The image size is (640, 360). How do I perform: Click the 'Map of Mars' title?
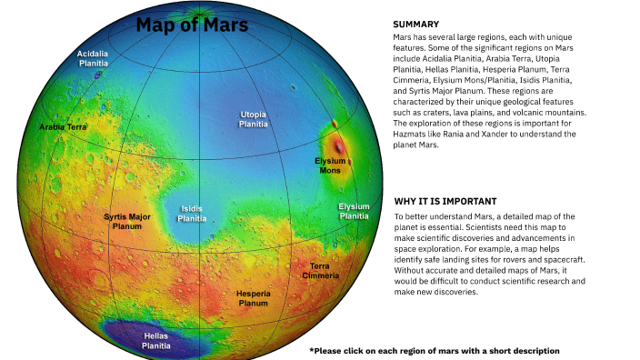(x=192, y=25)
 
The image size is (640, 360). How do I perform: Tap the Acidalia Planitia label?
(x=94, y=59)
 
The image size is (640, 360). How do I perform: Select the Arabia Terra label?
(x=63, y=127)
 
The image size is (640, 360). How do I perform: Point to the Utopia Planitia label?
(x=253, y=119)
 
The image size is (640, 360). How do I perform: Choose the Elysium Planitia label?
(x=354, y=212)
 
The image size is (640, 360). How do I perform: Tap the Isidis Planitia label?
(x=191, y=214)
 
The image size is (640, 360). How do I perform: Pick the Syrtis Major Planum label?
(x=127, y=222)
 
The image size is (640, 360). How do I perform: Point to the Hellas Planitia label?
(x=156, y=340)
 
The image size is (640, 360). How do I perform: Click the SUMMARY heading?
(x=416, y=25)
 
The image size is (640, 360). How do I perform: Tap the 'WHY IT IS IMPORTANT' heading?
(x=445, y=201)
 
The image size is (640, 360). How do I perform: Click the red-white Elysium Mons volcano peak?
(x=339, y=145)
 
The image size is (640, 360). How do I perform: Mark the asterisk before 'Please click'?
(x=312, y=350)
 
